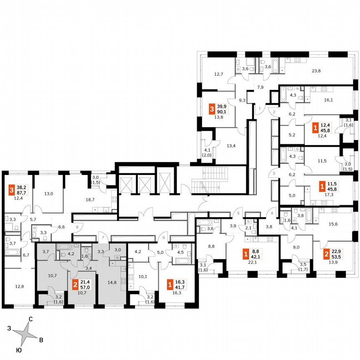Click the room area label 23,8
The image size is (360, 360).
point(316,70)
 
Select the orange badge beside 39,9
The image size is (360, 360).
point(212,108)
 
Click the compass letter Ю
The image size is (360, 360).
point(19,351)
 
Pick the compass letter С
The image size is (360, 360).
point(30,320)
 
